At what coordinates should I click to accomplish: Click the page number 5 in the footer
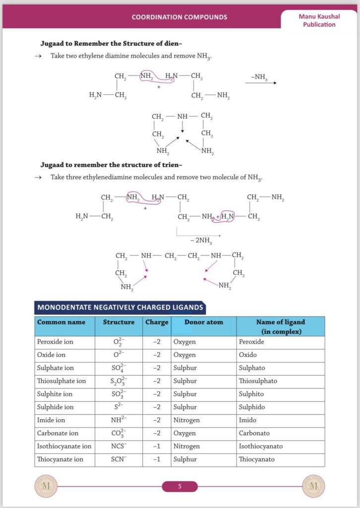tap(180, 487)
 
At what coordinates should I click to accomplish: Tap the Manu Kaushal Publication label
tap(319, 20)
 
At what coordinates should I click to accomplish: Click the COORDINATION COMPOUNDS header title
tap(180, 17)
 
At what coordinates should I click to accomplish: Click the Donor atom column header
tap(203, 322)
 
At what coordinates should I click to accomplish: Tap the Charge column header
tap(157, 322)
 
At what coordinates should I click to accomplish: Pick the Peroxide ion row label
tap(55, 342)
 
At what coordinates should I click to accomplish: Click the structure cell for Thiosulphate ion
tap(119, 381)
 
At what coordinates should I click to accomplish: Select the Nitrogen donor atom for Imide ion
tap(186, 420)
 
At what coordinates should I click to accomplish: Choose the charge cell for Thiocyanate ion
tap(157, 459)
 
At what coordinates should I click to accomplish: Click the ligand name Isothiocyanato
tap(261, 446)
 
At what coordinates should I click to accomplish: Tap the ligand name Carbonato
tap(254, 433)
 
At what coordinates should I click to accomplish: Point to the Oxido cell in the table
tap(249, 355)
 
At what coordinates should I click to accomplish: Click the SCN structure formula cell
tap(119, 459)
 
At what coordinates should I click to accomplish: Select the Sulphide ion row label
tap(56, 407)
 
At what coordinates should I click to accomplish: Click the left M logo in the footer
tap(46, 486)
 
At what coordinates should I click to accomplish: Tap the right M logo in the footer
tap(313, 486)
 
